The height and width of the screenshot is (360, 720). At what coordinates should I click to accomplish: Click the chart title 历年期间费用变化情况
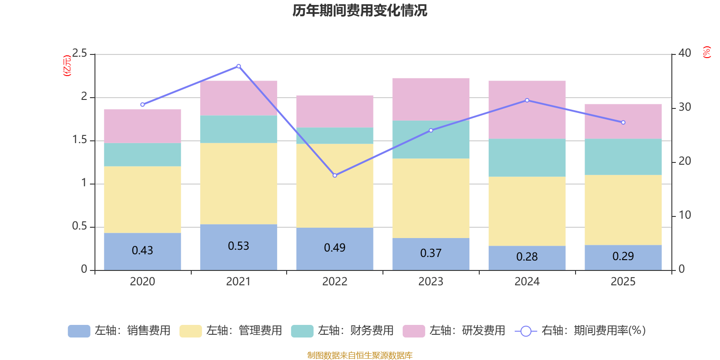(x=360, y=10)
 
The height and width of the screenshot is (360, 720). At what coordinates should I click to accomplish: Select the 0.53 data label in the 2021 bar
(x=238, y=246)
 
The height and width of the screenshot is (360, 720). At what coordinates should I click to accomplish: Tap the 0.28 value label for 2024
(x=527, y=257)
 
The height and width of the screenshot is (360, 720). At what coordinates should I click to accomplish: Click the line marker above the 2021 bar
(x=238, y=66)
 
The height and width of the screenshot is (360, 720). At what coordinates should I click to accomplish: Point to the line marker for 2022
(x=335, y=175)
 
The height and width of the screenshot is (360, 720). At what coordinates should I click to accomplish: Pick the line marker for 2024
(x=527, y=100)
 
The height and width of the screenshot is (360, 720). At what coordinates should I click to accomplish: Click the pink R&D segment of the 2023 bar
(x=431, y=99)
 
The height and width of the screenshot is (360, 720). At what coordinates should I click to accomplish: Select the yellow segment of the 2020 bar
(x=143, y=199)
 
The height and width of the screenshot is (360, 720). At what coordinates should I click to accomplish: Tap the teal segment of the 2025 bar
(x=623, y=157)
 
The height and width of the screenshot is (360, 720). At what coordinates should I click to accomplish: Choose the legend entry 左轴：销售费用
(x=120, y=331)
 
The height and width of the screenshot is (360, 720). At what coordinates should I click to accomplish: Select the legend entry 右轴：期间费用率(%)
(x=580, y=331)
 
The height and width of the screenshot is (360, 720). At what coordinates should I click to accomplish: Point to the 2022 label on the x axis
(x=335, y=282)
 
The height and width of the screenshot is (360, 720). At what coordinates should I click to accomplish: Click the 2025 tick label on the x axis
(x=623, y=282)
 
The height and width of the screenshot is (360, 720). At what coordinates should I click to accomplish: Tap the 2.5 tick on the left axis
(x=80, y=54)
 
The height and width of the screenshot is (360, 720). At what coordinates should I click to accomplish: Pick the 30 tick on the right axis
(x=684, y=107)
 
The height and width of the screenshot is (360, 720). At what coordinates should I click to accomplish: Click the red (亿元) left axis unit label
(x=67, y=66)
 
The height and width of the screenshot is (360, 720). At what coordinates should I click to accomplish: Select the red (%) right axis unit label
(x=706, y=52)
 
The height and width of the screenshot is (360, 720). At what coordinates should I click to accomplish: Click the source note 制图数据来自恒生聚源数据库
(x=360, y=355)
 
